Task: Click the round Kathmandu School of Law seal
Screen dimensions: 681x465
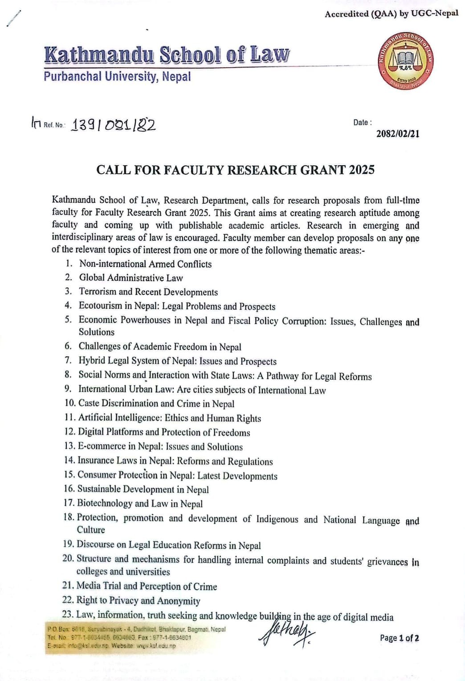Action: coord(405,60)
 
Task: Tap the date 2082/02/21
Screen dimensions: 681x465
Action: coord(398,134)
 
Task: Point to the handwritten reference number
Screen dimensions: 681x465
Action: coord(114,125)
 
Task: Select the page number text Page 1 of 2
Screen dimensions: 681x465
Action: coord(399,638)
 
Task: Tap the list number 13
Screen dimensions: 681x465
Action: coord(69,446)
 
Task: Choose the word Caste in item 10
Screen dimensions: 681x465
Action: coord(89,403)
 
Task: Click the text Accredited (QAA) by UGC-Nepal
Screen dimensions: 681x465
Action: coord(391,14)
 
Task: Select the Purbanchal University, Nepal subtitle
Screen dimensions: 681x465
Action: coord(117,77)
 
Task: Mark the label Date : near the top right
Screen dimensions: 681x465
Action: coord(362,122)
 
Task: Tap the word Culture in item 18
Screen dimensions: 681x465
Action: coord(91,530)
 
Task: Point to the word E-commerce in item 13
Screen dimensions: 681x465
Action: coord(102,446)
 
